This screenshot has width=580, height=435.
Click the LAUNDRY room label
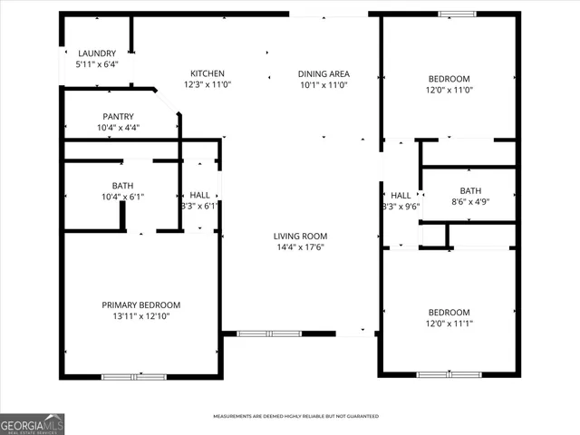coord(95,53)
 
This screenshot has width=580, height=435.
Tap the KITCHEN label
coord(207,73)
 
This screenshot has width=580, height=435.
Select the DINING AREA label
coord(324,73)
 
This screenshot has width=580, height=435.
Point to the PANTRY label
coord(118,116)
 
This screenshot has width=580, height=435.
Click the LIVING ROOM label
coord(299,236)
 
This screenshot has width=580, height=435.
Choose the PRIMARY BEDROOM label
coord(140,304)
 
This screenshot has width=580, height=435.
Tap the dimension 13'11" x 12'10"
coord(140,316)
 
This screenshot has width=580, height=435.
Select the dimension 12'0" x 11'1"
coord(449,324)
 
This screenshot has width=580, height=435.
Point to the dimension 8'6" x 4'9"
coord(470,202)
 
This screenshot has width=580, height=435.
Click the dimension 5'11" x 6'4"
coord(95,65)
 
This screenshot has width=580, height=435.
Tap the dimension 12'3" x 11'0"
coord(207,85)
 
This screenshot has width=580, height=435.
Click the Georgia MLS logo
coord(32,424)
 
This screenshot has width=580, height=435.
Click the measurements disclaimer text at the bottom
coord(295,417)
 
